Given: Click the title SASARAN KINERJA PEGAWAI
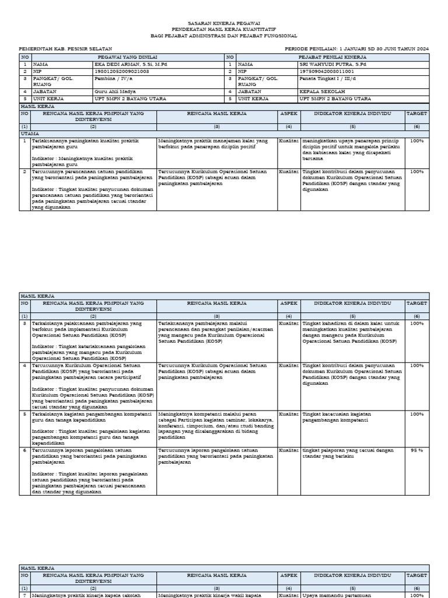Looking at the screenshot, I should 224,23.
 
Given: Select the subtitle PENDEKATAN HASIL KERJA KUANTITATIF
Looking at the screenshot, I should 224,29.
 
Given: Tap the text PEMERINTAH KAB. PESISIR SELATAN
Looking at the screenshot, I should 65,48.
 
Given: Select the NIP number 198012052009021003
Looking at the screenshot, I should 121,71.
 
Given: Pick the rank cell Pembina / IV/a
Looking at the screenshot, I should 114,78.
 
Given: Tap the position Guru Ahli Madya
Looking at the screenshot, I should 116,92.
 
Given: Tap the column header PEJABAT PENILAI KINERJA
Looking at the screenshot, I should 332,57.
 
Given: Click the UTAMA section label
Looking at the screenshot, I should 29,134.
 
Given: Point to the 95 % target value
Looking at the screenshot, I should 416,451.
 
